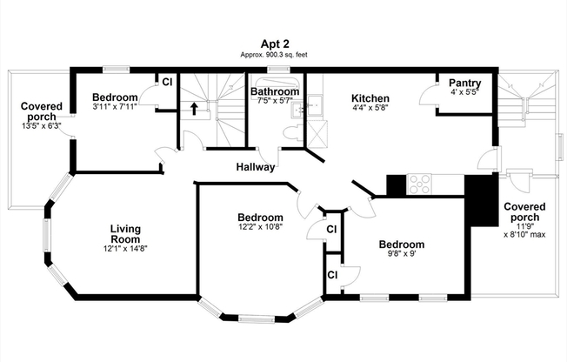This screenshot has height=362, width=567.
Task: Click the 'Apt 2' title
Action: [x=274, y=44]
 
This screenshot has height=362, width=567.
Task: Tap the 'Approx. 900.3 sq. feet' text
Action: [x=274, y=55]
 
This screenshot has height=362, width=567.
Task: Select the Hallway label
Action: [x=256, y=167]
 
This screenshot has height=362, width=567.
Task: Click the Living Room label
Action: [x=125, y=234]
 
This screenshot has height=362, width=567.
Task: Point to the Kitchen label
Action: [x=370, y=98]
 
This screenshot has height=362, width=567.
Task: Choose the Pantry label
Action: [x=464, y=83]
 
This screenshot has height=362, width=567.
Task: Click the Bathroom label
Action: [x=275, y=91]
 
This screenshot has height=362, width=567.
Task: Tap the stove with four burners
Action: [x=420, y=184]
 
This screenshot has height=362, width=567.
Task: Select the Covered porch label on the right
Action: [x=524, y=213]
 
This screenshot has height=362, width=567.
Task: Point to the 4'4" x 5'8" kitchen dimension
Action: [x=370, y=109]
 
